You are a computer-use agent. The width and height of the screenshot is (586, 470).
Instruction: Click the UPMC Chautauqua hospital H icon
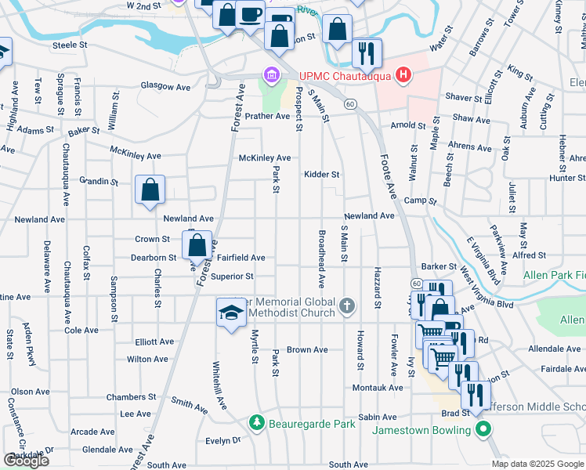tap(403, 75)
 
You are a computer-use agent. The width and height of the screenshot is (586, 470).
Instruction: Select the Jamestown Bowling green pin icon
tap(483, 429)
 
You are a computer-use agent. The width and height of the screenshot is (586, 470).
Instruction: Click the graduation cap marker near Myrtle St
tap(230, 313)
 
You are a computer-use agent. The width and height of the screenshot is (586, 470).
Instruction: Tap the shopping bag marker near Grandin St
tap(150, 190)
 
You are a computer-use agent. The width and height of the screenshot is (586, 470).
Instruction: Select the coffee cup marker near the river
tap(251, 14)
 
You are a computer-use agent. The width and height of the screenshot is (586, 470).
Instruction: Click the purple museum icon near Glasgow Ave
tap(272, 75)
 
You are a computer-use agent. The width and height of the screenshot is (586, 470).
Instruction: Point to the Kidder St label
tap(322, 175)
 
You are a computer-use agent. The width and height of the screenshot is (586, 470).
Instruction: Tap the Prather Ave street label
tap(267, 116)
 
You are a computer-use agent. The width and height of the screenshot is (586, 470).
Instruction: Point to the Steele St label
tap(70, 45)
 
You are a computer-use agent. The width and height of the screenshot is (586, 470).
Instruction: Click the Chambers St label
tap(127, 397)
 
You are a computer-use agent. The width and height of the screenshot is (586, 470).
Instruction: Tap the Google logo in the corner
tap(27, 461)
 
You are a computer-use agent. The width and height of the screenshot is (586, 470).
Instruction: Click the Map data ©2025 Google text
tap(537, 464)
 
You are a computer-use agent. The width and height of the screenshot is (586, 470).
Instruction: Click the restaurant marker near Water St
tap(366, 52)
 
